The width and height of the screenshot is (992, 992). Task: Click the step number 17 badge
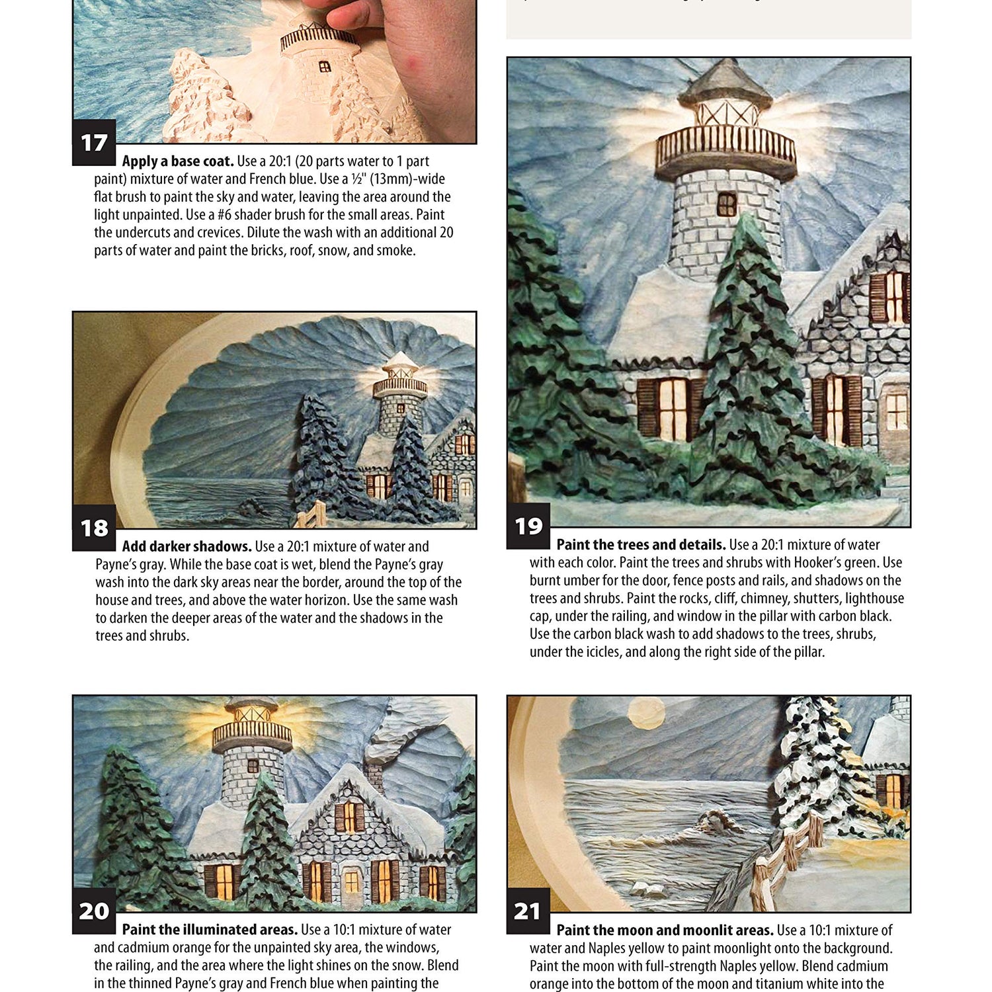pos(94,142)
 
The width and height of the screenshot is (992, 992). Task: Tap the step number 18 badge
pos(94,528)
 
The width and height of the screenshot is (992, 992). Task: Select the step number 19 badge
pos(528,526)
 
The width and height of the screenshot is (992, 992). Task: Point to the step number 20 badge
pos(94,911)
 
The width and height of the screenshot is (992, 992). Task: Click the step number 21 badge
pos(528,911)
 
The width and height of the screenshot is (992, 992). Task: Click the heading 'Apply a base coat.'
pos(178,161)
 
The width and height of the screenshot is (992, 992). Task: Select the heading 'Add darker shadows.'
pos(186,547)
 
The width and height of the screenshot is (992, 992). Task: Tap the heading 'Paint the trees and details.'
pos(641,545)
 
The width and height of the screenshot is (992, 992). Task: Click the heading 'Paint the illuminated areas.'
pos(210,930)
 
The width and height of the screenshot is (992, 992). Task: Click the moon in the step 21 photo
pos(645,714)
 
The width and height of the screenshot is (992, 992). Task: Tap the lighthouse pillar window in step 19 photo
pos(727,205)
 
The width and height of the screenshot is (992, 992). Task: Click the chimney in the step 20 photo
pos(375,770)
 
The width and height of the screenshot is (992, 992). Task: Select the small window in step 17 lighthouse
pos(325,67)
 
